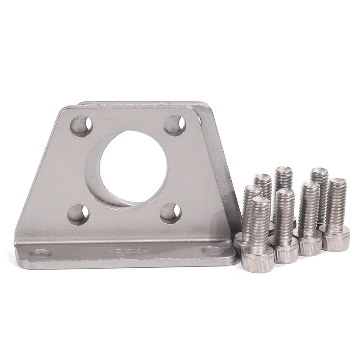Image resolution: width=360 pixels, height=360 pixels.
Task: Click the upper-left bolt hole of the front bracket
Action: pos(81,126)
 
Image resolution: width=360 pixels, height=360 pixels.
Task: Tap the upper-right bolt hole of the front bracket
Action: pos(175,125)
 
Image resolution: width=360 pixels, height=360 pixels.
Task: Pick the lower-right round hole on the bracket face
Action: pos(171,212)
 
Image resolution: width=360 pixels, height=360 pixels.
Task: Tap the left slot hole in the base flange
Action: pos(40,253)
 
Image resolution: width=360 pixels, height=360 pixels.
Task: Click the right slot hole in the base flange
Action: pos(212,250)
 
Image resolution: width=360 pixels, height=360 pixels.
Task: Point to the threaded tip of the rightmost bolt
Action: pos(337,184)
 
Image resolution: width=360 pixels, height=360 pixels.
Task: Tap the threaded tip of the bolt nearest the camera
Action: pos(260,201)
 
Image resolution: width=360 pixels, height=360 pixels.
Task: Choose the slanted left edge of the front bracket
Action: pos(38,175)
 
